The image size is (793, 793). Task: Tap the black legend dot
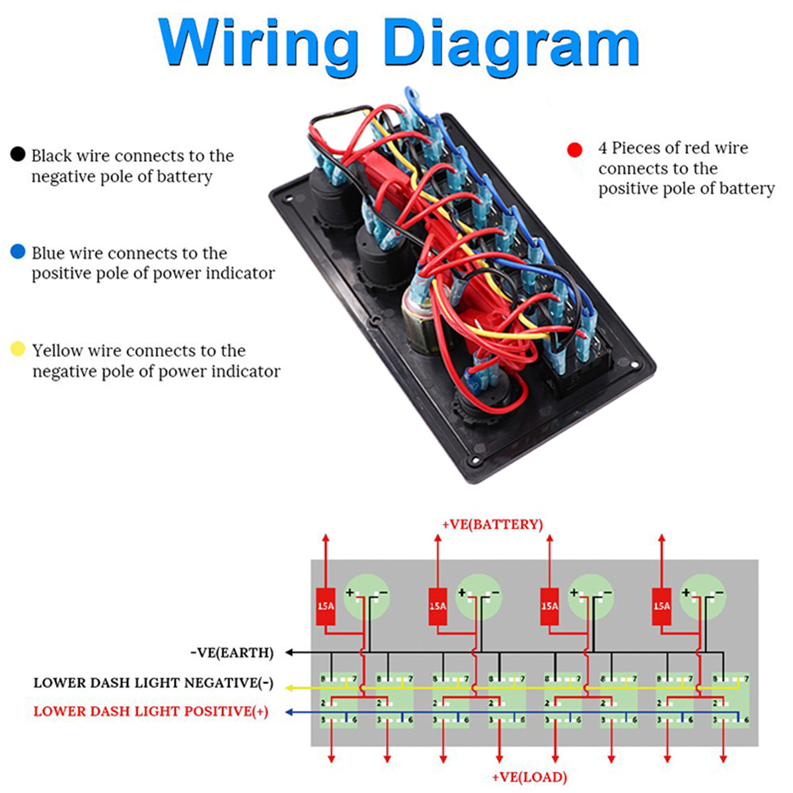click(x=18, y=155)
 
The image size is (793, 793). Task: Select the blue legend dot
click(x=18, y=252)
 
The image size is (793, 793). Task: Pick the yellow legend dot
click(x=18, y=349)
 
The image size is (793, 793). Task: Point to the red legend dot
click(x=575, y=150)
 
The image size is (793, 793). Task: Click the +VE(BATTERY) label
click(x=492, y=525)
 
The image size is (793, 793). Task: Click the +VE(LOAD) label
click(x=529, y=777)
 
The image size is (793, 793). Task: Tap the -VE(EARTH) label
click(x=231, y=653)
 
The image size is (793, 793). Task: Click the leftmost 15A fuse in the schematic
click(x=325, y=606)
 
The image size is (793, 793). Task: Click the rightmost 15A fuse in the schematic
click(x=661, y=606)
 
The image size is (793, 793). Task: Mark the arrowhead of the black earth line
click(x=289, y=653)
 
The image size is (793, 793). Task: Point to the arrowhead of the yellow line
click(x=289, y=688)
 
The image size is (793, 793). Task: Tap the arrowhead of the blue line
click(x=289, y=712)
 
